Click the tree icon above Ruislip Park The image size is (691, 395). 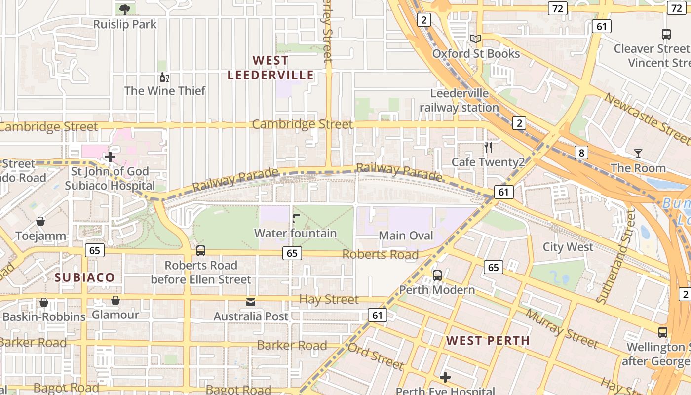pyautogui.click(x=125, y=9)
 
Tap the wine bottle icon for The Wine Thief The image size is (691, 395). pyautogui.click(x=164, y=77)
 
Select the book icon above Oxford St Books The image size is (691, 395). pyautogui.click(x=476, y=39)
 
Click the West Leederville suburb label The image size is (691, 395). pyautogui.click(x=270, y=68)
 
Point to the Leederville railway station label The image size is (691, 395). pyautogui.click(x=459, y=100)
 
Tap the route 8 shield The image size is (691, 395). pyautogui.click(x=581, y=153)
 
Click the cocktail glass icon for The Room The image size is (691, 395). pyautogui.click(x=638, y=154)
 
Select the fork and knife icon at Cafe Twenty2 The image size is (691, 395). pyautogui.click(x=488, y=147)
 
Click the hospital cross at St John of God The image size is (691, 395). pyautogui.click(x=110, y=157)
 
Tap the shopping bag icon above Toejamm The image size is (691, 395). pyautogui.click(x=40, y=221)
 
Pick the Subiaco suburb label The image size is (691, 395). pyautogui.click(x=84, y=277)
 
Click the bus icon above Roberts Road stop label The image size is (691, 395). pyautogui.click(x=200, y=250)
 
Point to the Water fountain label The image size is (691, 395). pyautogui.click(x=295, y=233)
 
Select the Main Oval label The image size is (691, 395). pyautogui.click(x=406, y=236)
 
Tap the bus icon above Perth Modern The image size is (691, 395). pyautogui.click(x=437, y=275)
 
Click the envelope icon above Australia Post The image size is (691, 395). pyautogui.click(x=251, y=302)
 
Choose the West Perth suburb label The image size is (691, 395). pyautogui.click(x=488, y=341)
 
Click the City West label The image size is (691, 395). pyautogui.click(x=568, y=247)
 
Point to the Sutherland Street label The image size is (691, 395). pyautogui.click(x=616, y=256)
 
